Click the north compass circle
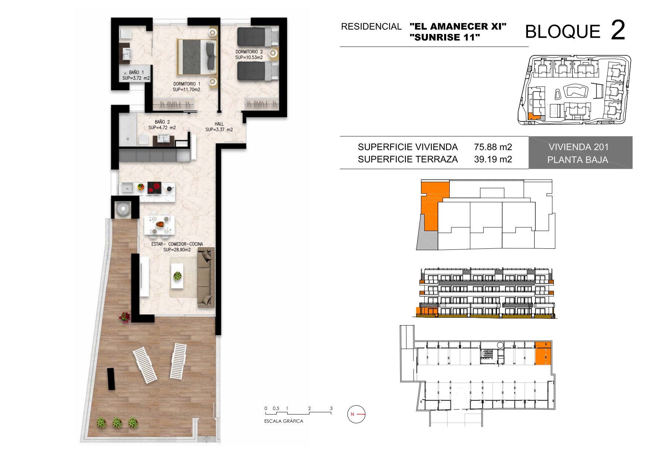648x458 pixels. tap(356, 414)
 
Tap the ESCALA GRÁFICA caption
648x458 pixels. tap(284, 421)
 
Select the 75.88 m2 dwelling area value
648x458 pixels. tap(493, 147)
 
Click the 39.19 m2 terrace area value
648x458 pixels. tap(493, 159)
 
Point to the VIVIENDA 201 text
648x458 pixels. tap(579, 147)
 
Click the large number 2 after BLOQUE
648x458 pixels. tap(618, 30)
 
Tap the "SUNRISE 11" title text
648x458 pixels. tap(445, 37)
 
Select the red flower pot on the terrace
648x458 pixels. tap(125, 317)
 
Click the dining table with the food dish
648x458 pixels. tap(160, 224)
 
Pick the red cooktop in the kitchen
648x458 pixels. tap(155, 188)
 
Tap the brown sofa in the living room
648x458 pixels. tap(206, 277)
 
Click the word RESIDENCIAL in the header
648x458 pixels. tap(371, 27)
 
